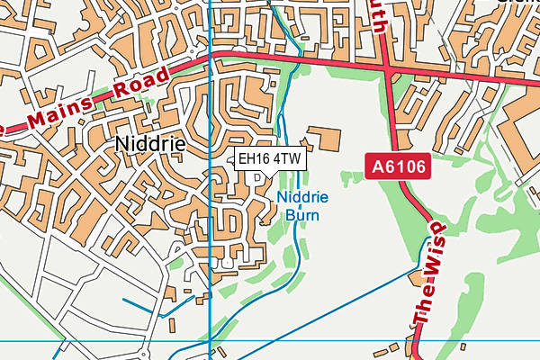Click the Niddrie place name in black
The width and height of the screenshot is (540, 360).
coord(150,144)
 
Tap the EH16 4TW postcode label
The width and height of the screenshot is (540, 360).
coord(270,159)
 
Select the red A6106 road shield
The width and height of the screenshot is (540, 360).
coord(396,166)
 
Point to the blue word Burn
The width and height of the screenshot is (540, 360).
coord(302,215)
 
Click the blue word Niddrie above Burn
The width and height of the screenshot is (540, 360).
coord(302,198)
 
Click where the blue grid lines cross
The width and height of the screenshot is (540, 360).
coord(209,341)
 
